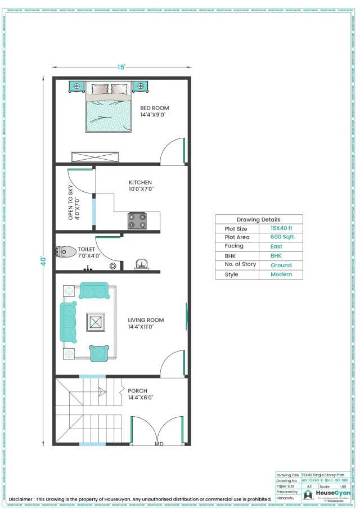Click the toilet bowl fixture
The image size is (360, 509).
tap(66, 251)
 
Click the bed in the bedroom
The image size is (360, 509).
tap(109, 108)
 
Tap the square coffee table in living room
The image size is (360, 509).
tap(95, 322)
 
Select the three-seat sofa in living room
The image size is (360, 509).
tap(69, 322)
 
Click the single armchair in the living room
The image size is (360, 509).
tap(99, 353)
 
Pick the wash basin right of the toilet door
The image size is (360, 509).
tap(141, 263)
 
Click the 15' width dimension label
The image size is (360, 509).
tap(121, 67)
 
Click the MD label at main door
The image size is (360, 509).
tap(159, 443)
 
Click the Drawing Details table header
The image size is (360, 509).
tap(258, 219)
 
